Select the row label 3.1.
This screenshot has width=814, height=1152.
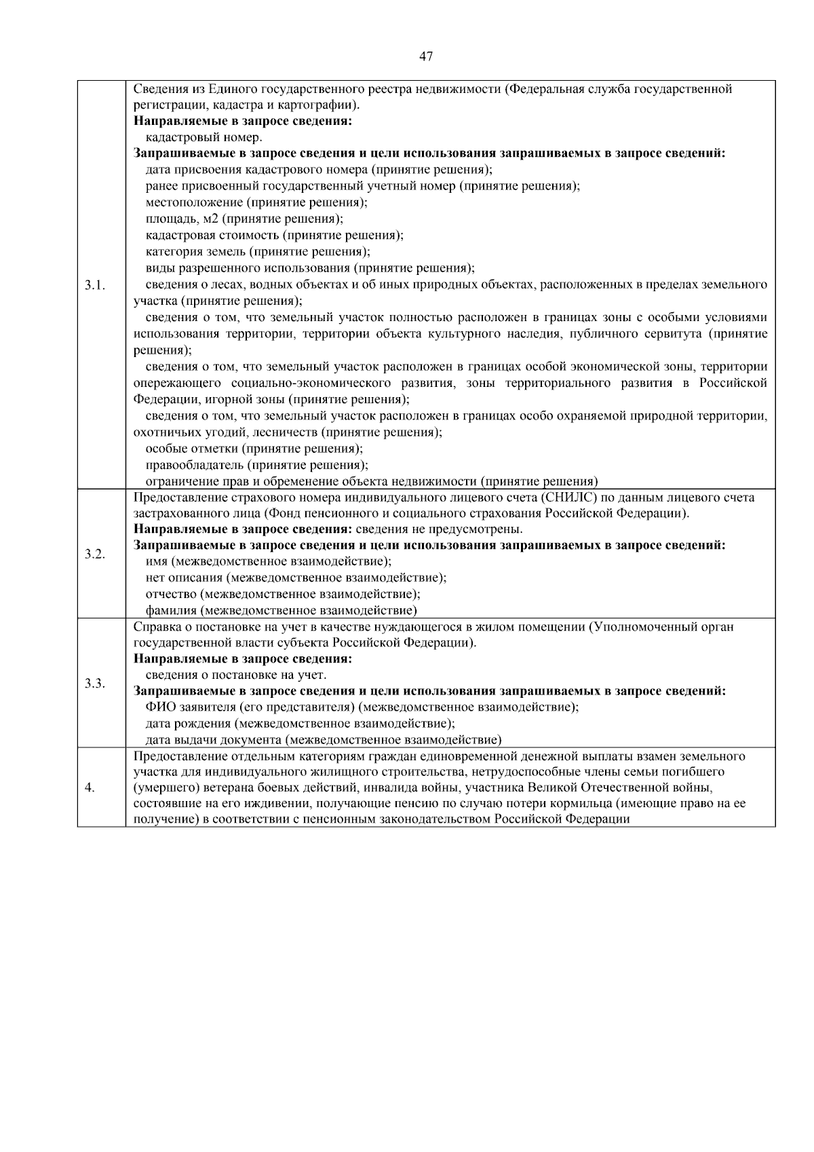[x=95, y=284]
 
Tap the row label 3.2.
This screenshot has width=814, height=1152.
[x=95, y=554]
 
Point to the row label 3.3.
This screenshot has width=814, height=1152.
[x=95, y=683]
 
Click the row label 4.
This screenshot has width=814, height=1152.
[x=90, y=787]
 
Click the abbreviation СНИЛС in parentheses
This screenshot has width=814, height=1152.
[x=574, y=498]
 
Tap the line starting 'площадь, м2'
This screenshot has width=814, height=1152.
[x=244, y=219]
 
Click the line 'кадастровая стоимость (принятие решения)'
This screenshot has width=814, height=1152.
[x=274, y=235]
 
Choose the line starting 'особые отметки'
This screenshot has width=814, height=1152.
[x=254, y=449]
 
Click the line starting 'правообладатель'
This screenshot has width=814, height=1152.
[x=256, y=465]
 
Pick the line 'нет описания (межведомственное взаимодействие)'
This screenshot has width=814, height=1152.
[x=296, y=578]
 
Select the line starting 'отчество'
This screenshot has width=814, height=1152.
[x=282, y=594]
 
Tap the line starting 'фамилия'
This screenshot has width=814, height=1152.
[x=281, y=610]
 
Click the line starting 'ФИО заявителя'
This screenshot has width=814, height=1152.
[x=362, y=707]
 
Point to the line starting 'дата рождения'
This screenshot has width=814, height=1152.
[x=300, y=723]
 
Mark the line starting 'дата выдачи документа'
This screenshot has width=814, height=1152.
[x=323, y=739]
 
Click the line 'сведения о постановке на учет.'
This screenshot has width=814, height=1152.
[x=236, y=675]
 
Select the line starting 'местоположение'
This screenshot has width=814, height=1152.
[x=256, y=202]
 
